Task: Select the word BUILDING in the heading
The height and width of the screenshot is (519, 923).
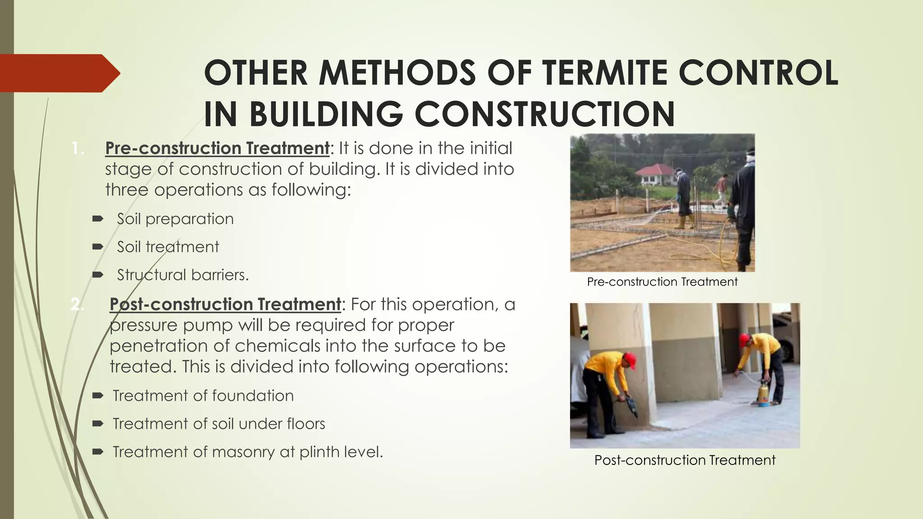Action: click(326, 114)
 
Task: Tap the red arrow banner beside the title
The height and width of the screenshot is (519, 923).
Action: click(59, 73)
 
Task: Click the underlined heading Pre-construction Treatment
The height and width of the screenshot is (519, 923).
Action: click(217, 148)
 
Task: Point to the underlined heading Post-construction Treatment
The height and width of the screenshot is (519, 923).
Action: click(225, 305)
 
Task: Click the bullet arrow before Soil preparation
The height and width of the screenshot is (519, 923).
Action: click(97, 219)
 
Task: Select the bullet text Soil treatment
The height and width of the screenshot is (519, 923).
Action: click(168, 247)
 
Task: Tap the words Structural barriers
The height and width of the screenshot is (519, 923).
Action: click(183, 275)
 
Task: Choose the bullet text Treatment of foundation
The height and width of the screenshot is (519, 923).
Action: click(203, 396)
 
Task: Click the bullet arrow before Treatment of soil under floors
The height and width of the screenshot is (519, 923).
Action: click(97, 423)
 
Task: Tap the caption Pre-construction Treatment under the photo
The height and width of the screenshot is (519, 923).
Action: click(662, 282)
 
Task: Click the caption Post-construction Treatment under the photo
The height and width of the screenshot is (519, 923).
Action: click(685, 460)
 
